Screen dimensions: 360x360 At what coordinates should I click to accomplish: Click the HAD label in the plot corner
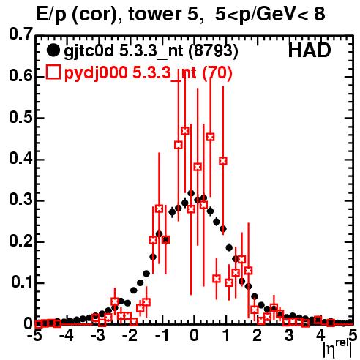[x=310, y=50]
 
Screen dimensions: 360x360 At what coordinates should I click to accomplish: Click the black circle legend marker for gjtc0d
[x=53, y=50]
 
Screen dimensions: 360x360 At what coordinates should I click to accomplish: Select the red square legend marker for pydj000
[x=53, y=72]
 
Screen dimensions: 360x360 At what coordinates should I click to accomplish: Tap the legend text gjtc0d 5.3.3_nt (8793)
[x=151, y=51]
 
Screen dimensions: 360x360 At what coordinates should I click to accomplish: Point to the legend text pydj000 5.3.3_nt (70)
[x=148, y=73]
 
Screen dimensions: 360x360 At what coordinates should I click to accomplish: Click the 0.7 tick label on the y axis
[x=20, y=34]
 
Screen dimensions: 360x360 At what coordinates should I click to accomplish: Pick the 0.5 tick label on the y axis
[x=20, y=117]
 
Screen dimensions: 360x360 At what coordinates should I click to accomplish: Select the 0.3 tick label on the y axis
[x=20, y=200]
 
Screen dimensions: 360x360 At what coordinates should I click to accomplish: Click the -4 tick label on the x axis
[x=67, y=336]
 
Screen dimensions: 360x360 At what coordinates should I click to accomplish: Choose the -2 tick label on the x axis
[x=130, y=336]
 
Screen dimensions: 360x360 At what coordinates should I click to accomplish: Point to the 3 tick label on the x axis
[x=289, y=336]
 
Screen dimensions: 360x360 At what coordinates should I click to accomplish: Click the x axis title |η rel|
[x=337, y=349]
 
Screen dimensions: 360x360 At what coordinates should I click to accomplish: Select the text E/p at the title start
[x=51, y=15]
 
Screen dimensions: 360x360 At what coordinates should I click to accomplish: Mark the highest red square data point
[x=185, y=131]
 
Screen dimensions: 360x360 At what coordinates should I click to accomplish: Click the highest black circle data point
[x=191, y=193]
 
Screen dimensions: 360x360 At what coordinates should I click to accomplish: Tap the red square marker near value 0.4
[x=223, y=161]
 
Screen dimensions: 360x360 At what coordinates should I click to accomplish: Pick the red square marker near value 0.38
[x=198, y=167]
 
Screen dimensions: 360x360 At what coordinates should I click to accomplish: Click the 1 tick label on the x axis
[x=226, y=336]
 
